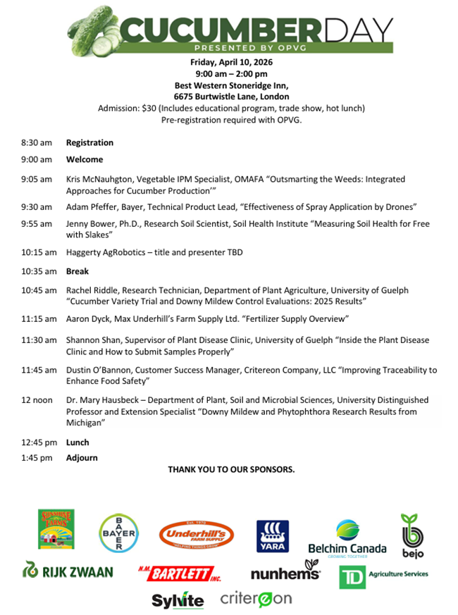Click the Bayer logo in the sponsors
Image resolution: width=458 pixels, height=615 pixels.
[x=117, y=533]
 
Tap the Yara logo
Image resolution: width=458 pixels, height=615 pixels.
[x=272, y=535]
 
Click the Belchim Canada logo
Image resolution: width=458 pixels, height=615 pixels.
[x=347, y=538]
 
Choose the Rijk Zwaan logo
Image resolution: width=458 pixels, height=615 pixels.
[x=68, y=571]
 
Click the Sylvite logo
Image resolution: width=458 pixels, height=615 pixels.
[x=178, y=600]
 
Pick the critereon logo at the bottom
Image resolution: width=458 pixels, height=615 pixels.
[x=256, y=599]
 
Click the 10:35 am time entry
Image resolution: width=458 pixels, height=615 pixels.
[x=37, y=271]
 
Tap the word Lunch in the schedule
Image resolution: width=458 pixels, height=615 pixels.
[x=78, y=442]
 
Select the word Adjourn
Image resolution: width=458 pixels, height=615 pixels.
[x=82, y=458]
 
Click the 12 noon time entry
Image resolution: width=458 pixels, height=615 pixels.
[x=37, y=400]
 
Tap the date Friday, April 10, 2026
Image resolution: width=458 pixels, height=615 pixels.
[x=231, y=62]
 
